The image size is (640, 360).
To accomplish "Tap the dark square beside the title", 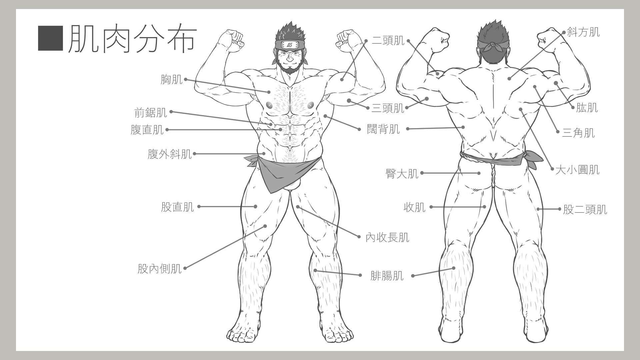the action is tap(50, 38).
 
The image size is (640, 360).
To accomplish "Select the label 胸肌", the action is tap(172, 80).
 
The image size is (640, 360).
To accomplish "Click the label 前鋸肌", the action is tap(151, 113).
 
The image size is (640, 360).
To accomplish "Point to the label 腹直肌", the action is tap(147, 130).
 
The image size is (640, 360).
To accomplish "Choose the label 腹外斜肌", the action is tap(170, 154).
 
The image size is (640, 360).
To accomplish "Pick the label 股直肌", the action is tap(177, 207).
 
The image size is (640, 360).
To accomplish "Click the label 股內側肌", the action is tap(160, 269).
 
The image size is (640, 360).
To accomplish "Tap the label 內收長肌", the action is tap(387, 238).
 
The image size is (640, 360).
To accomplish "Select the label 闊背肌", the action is tap(383, 129).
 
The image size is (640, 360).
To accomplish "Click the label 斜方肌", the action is tap(583, 32).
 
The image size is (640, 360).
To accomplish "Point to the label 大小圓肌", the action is tap(577, 170).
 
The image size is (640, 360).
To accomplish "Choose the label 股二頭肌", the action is tap(585, 210).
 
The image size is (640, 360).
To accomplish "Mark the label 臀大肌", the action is tap(402, 174).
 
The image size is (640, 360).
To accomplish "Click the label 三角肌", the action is tap(578, 133).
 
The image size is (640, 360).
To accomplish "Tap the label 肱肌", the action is tap(587, 108).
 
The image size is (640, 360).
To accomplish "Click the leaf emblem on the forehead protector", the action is tap(289, 44).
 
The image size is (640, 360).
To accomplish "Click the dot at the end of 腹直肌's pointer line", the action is tap(281, 129).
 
